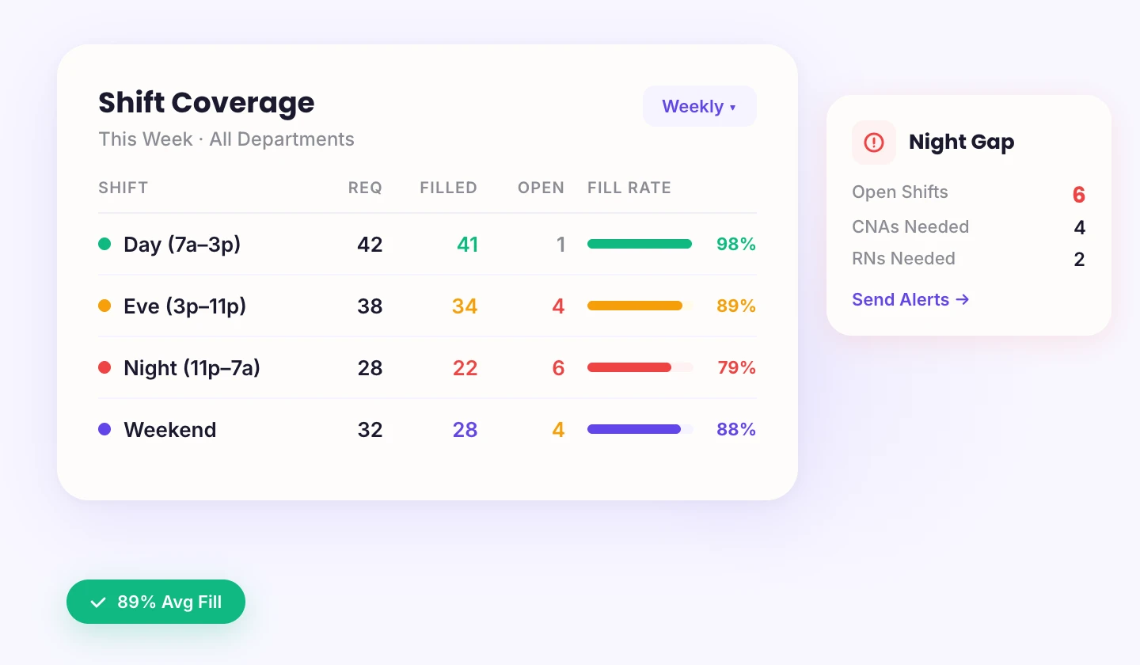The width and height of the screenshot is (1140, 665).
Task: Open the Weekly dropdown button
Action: click(699, 106)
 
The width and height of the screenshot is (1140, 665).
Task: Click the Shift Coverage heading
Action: click(206, 102)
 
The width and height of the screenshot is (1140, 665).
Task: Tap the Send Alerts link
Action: click(910, 299)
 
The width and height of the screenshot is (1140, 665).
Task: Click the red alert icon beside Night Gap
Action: click(874, 142)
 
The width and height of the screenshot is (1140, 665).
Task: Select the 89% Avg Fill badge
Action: click(156, 602)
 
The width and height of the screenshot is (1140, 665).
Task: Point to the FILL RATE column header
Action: click(629, 188)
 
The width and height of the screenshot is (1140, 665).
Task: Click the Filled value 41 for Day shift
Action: click(467, 244)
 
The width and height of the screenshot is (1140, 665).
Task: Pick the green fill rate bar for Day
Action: click(639, 244)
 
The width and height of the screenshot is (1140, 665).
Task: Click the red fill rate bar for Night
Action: click(629, 367)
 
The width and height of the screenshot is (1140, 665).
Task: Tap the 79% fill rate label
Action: click(736, 367)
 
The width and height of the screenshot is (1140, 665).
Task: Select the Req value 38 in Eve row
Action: click(370, 306)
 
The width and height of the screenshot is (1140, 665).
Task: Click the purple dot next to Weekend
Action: click(104, 429)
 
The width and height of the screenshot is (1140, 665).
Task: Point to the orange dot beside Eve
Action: click(104, 306)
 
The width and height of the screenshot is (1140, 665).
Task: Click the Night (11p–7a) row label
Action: click(192, 367)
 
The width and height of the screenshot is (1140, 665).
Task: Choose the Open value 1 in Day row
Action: click(560, 244)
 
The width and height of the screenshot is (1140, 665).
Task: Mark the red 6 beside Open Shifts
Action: click(1078, 195)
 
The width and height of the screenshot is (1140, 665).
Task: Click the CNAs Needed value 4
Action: click(1079, 228)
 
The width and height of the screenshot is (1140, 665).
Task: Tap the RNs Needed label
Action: click(903, 258)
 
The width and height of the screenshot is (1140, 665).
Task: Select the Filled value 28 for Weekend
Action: click(465, 429)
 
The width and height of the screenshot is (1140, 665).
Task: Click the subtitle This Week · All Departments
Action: click(226, 139)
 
